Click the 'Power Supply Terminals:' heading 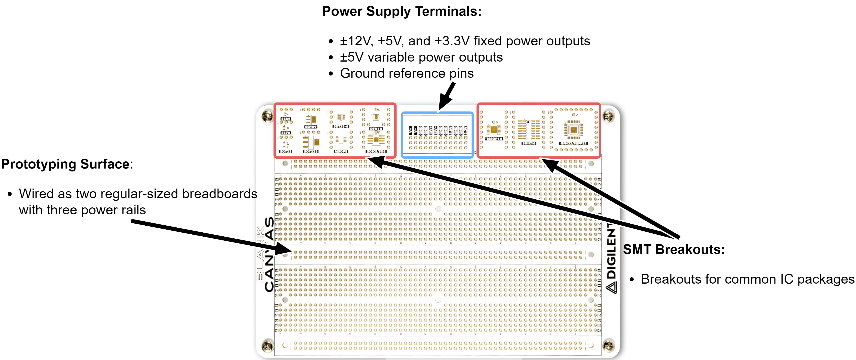point(402,11)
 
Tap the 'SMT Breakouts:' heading point(674,249)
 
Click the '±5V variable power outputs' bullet point(421,57)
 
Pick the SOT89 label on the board point(311,127)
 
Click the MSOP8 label point(341,151)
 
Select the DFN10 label point(376,129)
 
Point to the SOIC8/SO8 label point(376,151)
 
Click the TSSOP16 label point(494,139)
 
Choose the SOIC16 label point(529,143)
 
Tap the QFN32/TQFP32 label point(573,143)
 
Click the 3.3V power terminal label point(466,130)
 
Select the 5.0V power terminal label point(451,130)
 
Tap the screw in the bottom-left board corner point(267,346)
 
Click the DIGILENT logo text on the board point(611,256)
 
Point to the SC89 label point(285,119)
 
